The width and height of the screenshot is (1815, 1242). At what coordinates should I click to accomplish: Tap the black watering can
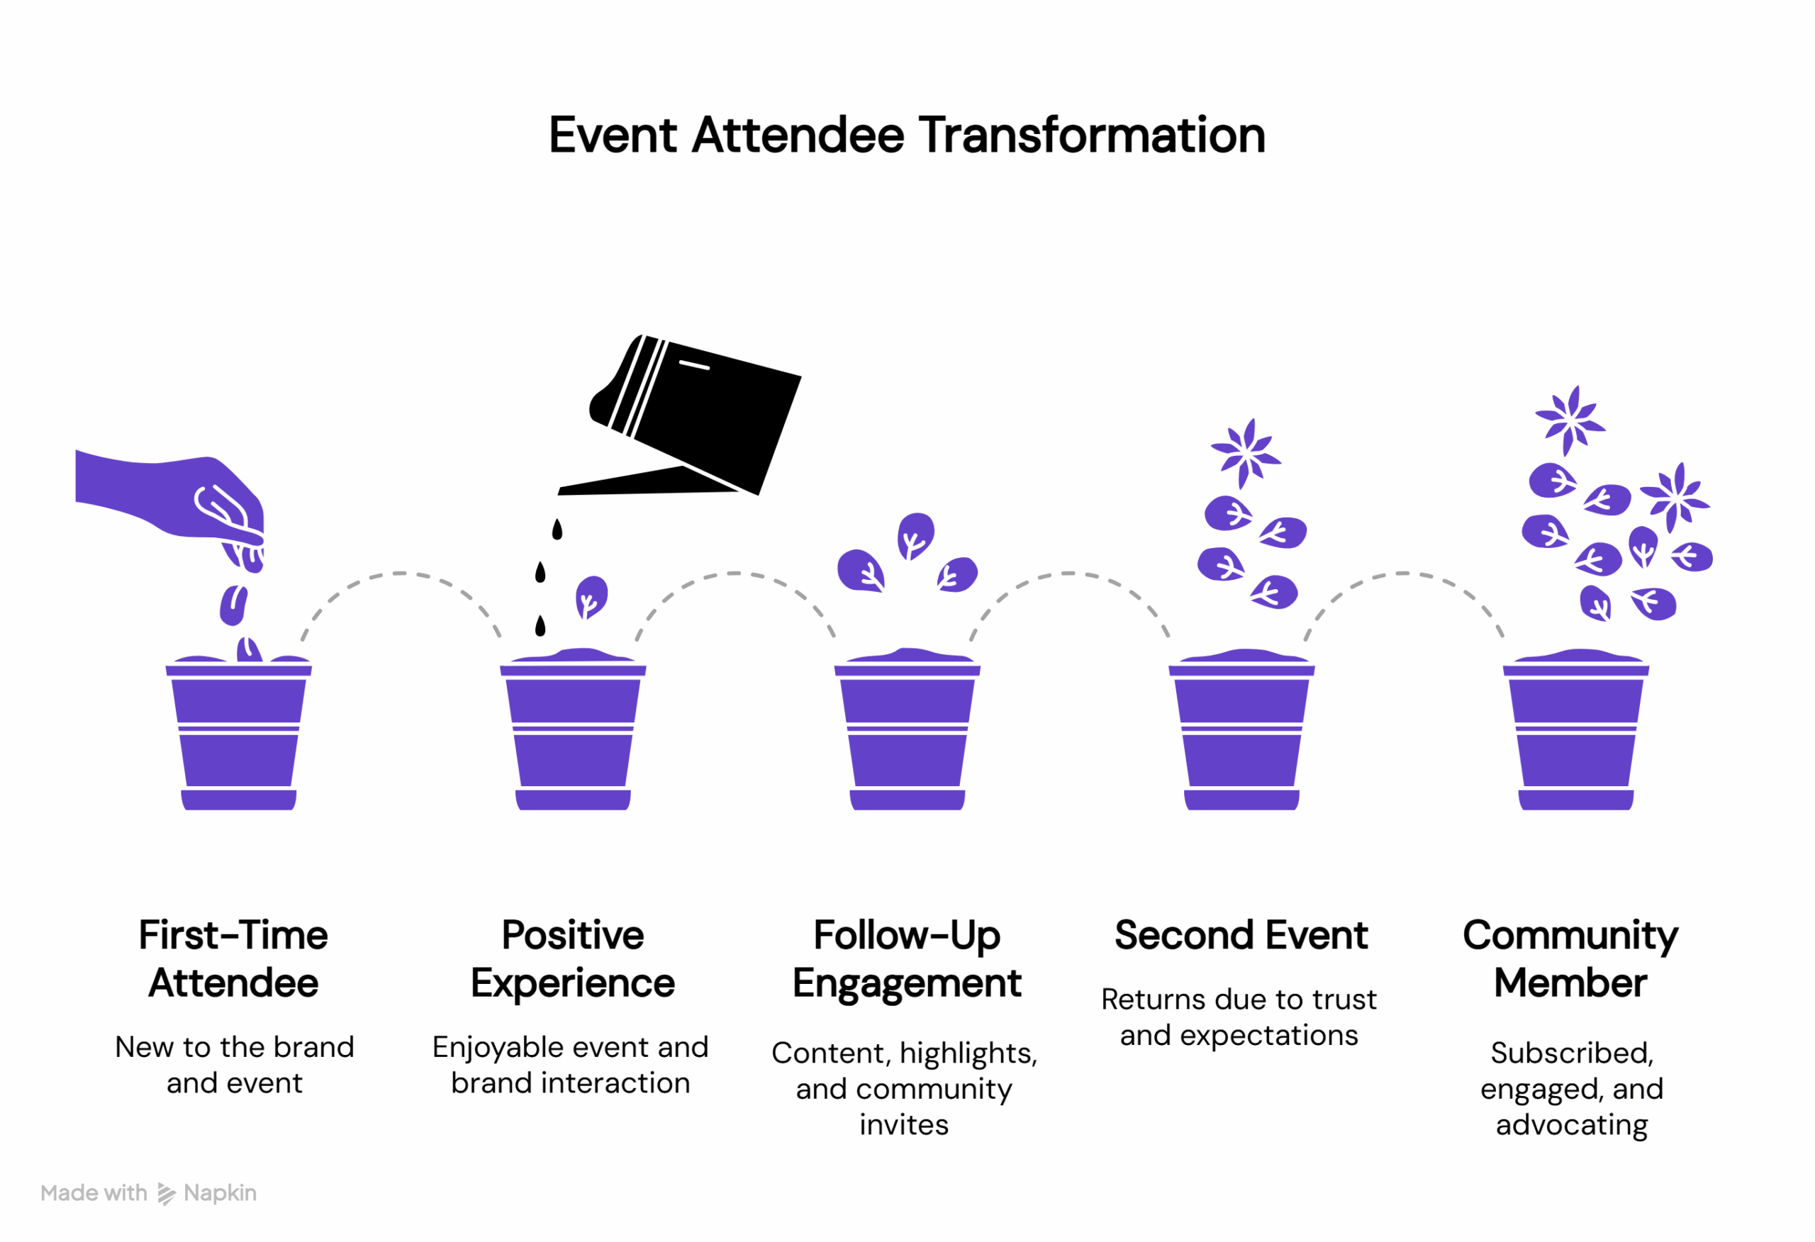703,414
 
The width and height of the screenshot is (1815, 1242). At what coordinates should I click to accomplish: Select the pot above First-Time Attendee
238,734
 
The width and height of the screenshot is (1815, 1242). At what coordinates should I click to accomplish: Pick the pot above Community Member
1575,734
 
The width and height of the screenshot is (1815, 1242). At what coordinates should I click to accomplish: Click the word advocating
1571,1124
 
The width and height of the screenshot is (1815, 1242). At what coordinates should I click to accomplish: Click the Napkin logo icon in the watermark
167,1194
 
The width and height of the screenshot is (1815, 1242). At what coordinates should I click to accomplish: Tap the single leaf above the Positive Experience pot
591,597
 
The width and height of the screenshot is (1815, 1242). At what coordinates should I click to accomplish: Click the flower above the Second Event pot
1245,453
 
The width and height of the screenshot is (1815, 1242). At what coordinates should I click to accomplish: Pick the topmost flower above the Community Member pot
1570,420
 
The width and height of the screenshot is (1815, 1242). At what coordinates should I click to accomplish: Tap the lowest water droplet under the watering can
540,626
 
